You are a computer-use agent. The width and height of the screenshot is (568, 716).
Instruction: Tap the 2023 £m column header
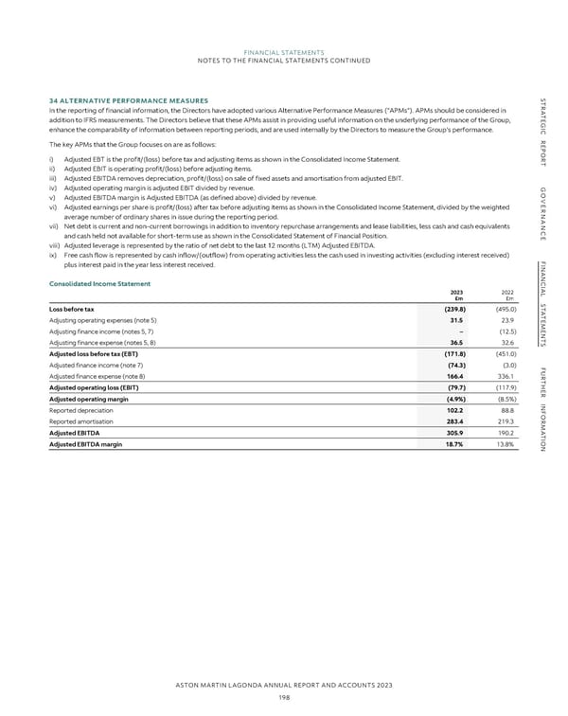pos(455,270)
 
